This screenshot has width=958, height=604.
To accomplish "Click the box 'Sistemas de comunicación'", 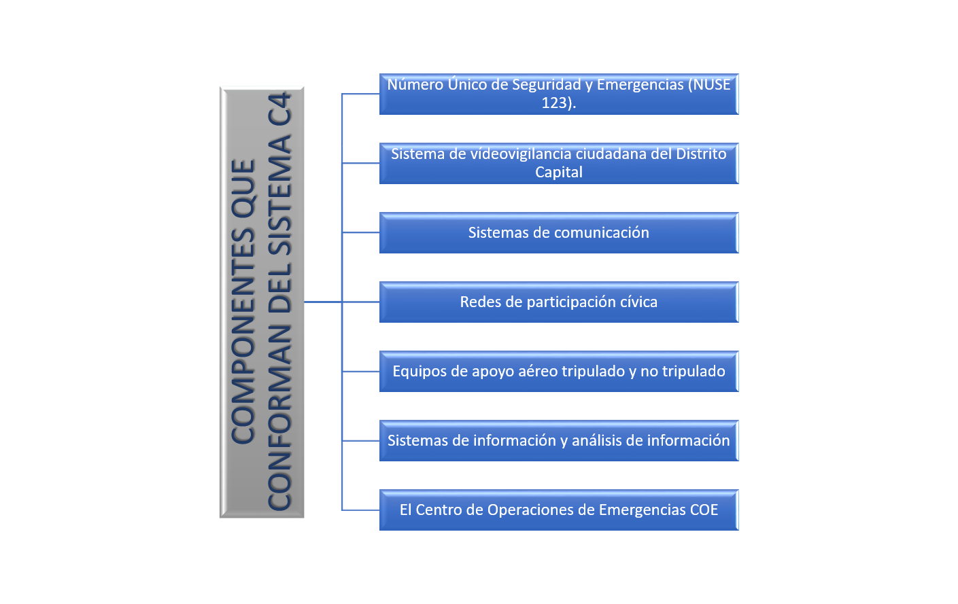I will [558, 233].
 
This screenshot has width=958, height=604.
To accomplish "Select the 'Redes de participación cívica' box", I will [558, 302].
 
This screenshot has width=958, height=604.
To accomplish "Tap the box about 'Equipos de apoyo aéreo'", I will [558, 372].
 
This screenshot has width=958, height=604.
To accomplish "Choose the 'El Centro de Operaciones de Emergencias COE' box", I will [558, 510].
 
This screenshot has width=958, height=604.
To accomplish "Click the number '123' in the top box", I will [554, 103].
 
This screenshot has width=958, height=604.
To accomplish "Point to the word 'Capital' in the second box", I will [559, 173].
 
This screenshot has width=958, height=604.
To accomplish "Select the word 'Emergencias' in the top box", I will [640, 85].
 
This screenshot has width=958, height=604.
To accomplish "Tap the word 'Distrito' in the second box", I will [701, 154].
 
